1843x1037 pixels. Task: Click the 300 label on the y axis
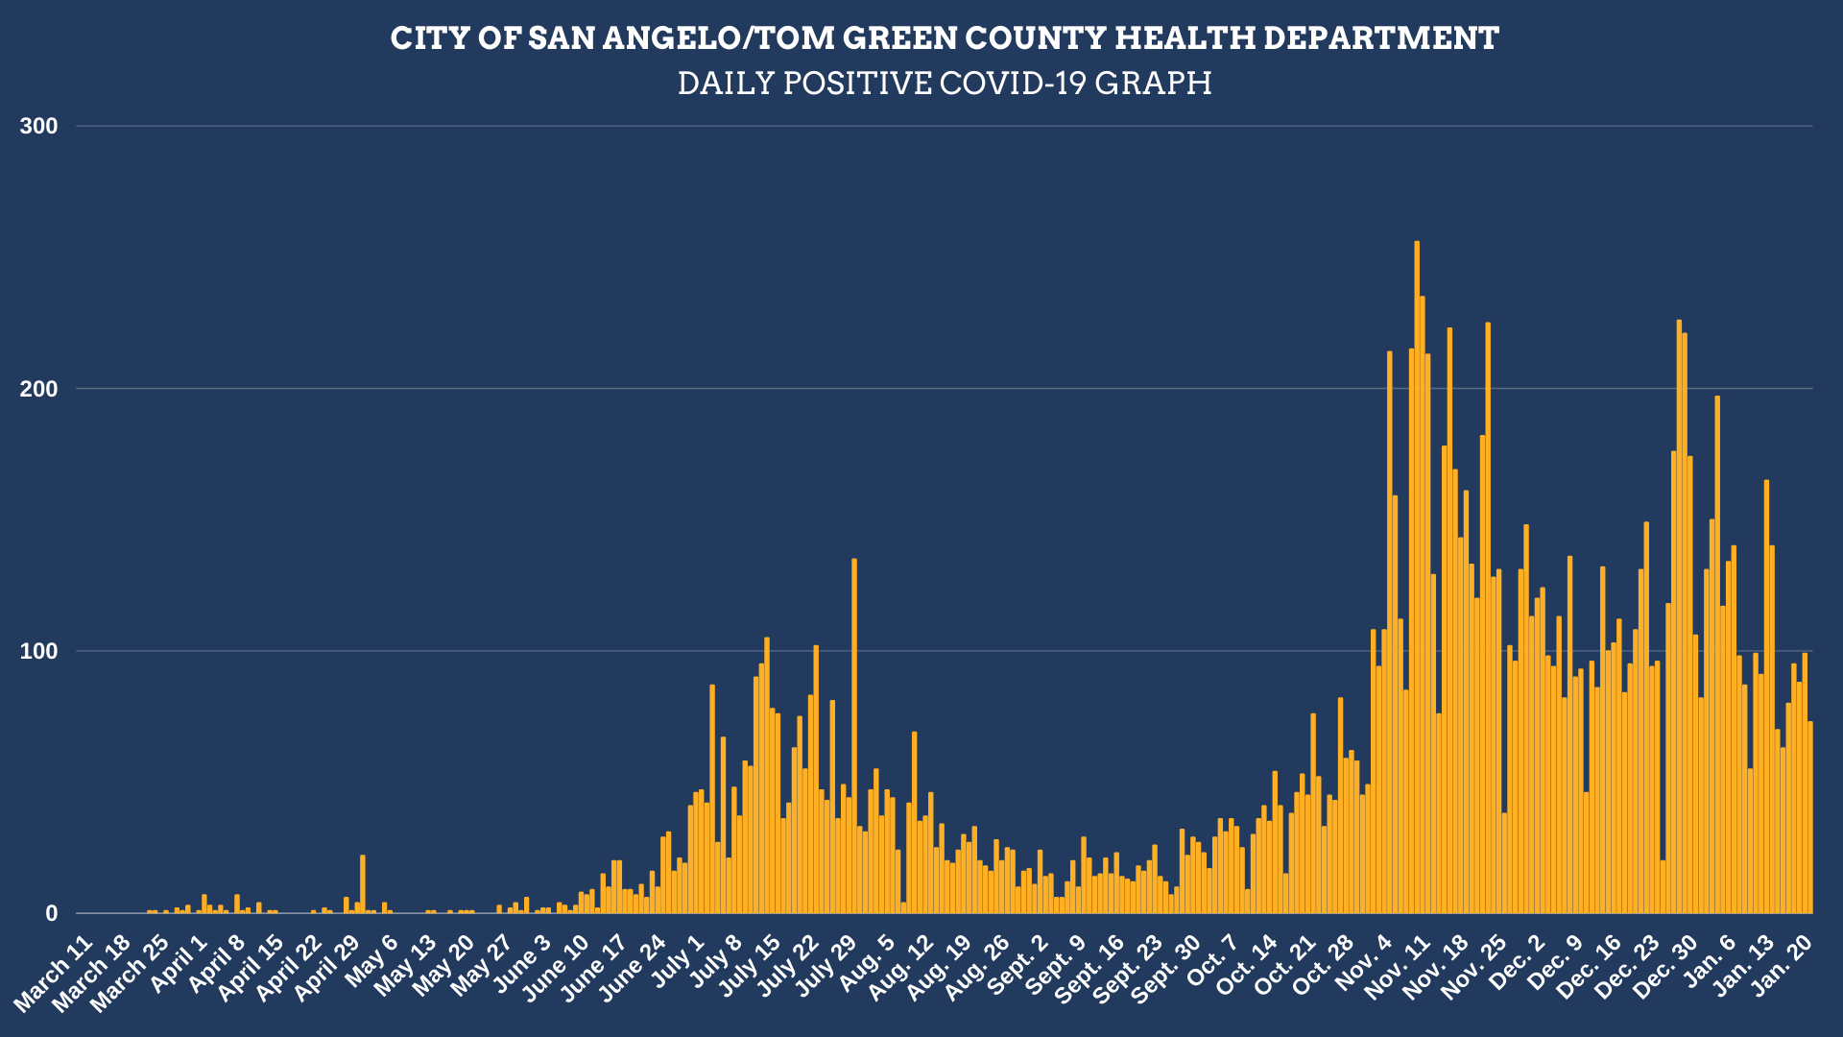(39, 126)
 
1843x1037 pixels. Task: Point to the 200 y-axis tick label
(39, 389)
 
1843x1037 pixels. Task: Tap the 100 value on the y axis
(39, 651)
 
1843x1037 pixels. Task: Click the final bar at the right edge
(1810, 817)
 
